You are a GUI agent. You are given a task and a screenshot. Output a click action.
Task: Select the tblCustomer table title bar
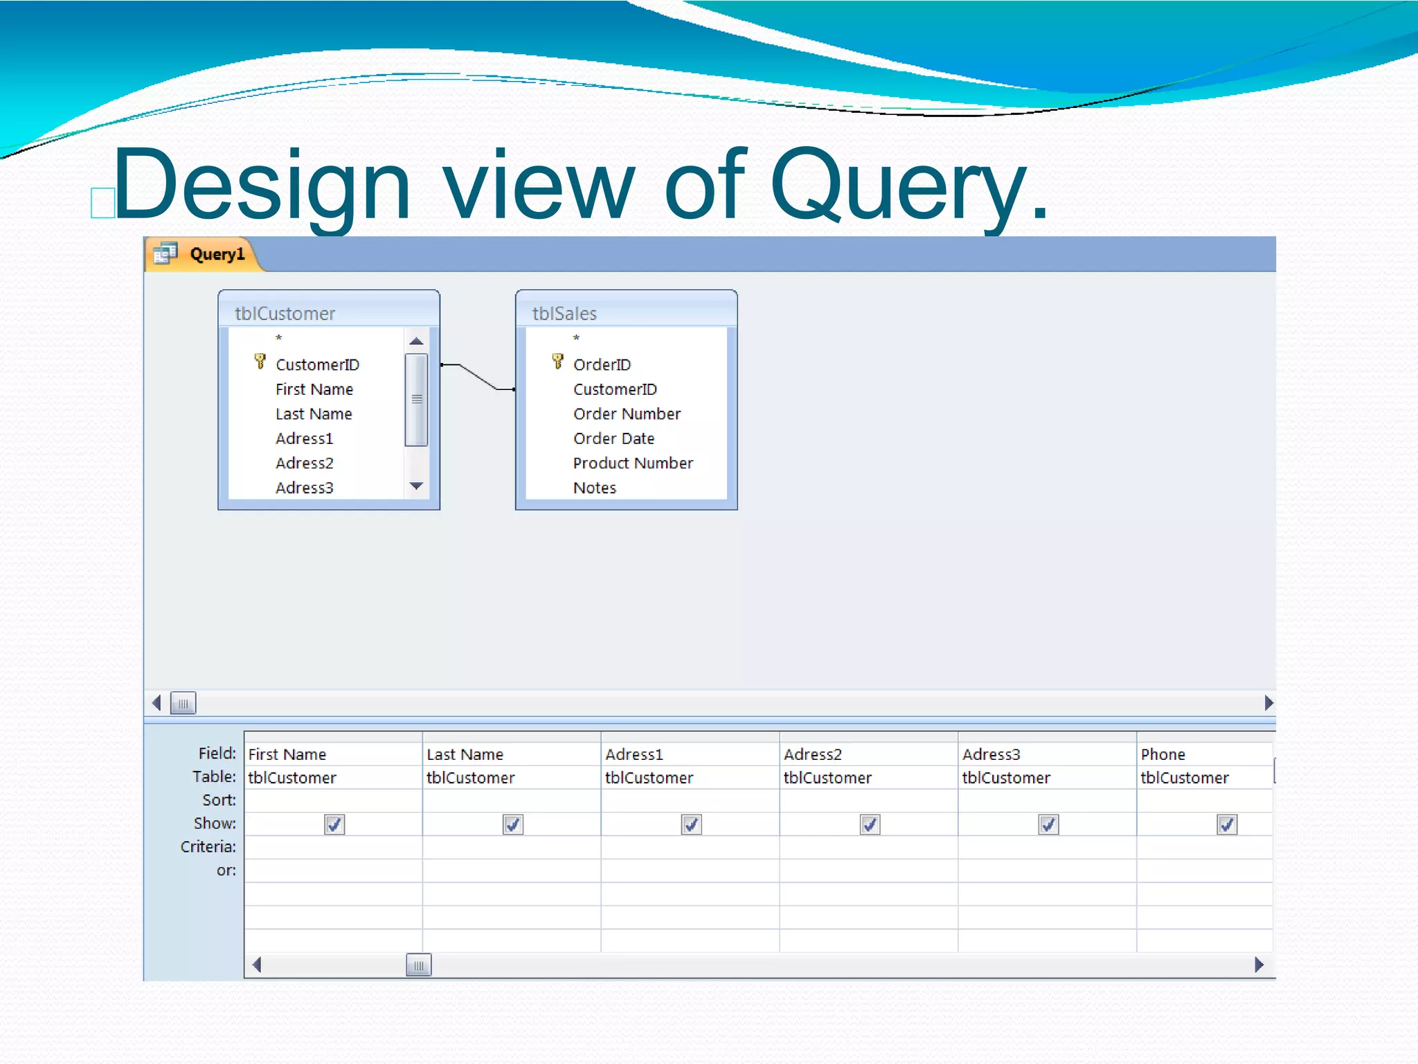pyautogui.click(x=328, y=313)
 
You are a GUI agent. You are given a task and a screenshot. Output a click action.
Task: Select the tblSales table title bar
pyautogui.click(x=626, y=313)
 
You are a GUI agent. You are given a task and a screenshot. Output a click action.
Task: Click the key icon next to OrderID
pyautogui.click(x=557, y=362)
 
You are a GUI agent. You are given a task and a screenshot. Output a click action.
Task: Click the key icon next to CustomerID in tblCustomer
pyautogui.click(x=260, y=362)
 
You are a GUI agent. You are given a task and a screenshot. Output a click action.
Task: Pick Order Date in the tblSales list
pyautogui.click(x=613, y=438)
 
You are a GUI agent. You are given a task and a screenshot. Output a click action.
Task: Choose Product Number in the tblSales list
pyautogui.click(x=632, y=463)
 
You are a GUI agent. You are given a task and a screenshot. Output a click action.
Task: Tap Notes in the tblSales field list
pyautogui.click(x=594, y=488)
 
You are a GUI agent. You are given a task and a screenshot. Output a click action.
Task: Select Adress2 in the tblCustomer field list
pyautogui.click(x=304, y=463)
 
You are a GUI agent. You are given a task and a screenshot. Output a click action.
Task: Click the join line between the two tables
pyautogui.click(x=478, y=377)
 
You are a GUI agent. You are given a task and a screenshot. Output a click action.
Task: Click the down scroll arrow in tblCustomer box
pyautogui.click(x=416, y=486)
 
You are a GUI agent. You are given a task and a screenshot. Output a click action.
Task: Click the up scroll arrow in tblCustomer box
pyautogui.click(x=416, y=341)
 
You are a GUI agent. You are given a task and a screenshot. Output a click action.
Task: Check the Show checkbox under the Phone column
pyautogui.click(x=1226, y=824)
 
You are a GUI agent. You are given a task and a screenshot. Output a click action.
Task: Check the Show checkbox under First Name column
pyautogui.click(x=334, y=824)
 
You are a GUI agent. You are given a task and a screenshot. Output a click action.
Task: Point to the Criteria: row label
pyautogui.click(x=208, y=846)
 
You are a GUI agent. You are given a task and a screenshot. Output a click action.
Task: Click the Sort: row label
pyautogui.click(x=219, y=800)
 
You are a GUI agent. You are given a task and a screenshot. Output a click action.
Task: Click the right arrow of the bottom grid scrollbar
pyautogui.click(x=1258, y=965)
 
